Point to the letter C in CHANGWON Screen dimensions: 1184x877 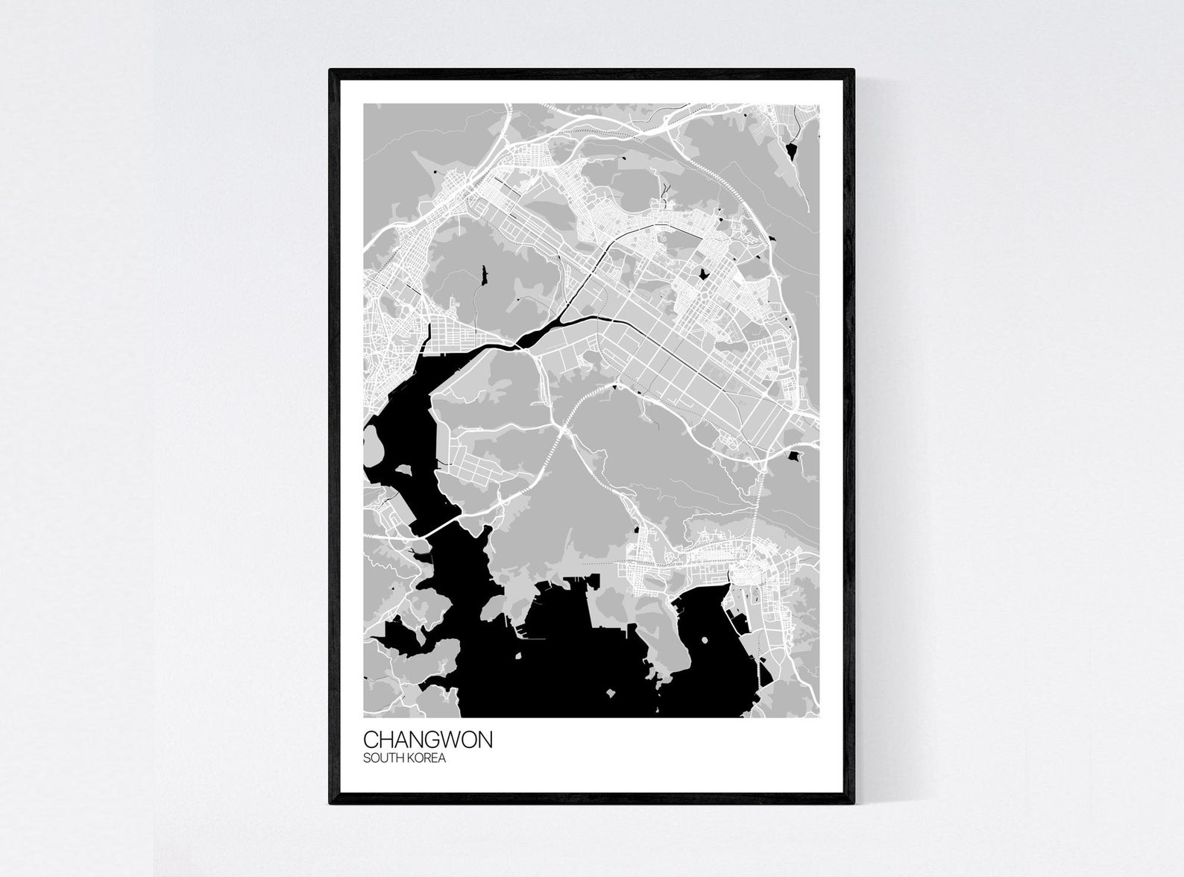[371, 740]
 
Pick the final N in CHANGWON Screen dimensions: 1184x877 [484, 740]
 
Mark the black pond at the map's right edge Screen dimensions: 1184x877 [795, 453]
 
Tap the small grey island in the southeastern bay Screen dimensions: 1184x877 [705, 639]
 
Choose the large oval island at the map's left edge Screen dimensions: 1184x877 [373, 447]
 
